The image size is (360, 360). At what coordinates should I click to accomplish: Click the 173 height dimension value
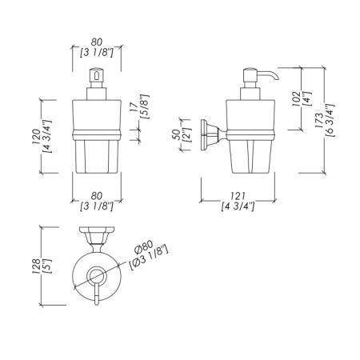[319, 121]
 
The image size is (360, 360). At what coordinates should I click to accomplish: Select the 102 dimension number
[296, 99]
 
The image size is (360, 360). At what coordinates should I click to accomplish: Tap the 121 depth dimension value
[238, 196]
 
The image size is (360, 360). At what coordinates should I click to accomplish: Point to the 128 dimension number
[36, 266]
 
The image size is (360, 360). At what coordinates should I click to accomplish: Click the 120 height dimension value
[36, 137]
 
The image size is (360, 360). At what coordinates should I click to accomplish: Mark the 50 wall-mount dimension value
[177, 135]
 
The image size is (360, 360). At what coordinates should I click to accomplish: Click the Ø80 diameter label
[143, 246]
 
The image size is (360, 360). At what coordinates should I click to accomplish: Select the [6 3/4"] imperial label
[330, 121]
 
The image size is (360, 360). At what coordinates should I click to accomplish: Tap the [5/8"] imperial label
[146, 106]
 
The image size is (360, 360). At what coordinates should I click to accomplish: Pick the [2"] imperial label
[187, 135]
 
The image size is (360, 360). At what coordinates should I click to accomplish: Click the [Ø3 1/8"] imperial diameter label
[150, 258]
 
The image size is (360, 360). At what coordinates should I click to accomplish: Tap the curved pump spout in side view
[269, 75]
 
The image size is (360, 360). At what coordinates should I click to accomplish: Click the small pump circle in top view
[97, 275]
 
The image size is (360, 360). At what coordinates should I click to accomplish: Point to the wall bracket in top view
[97, 236]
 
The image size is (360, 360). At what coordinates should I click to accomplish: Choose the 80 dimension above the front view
[97, 42]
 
